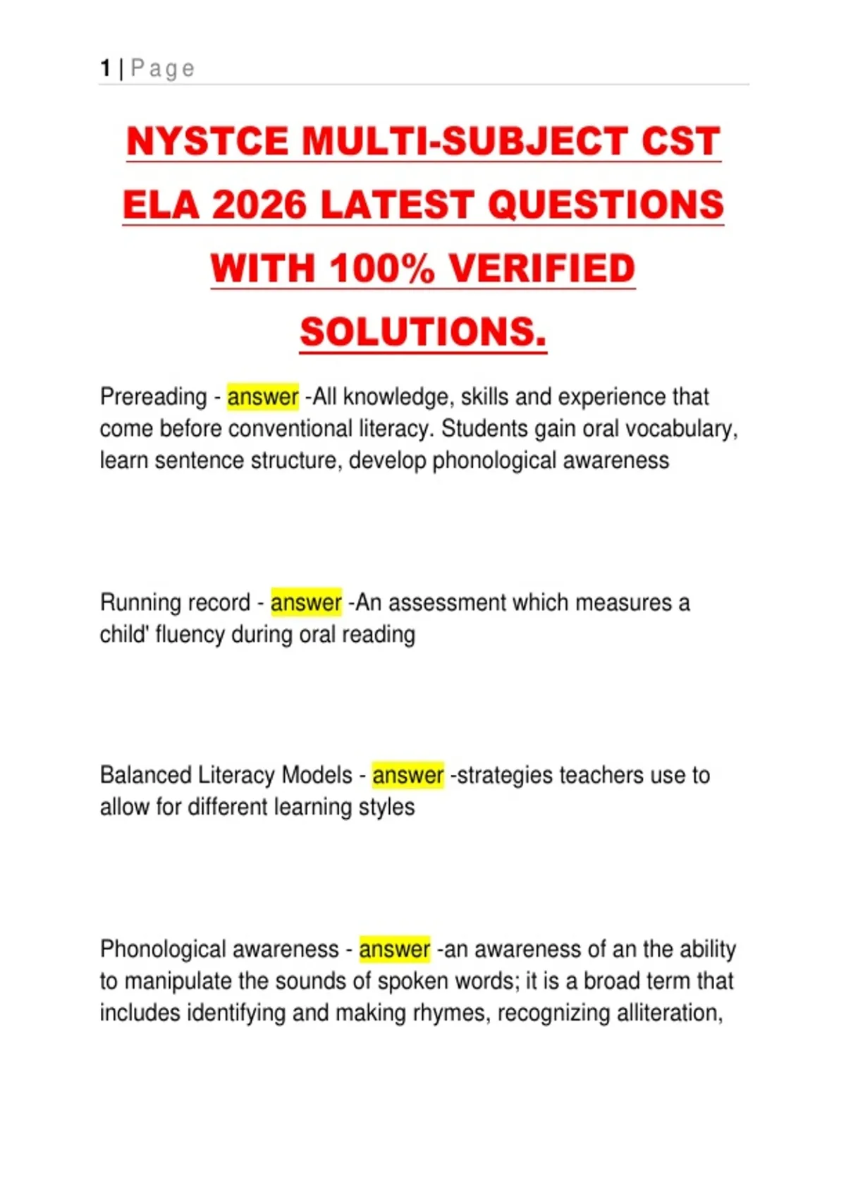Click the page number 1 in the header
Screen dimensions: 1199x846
(105, 68)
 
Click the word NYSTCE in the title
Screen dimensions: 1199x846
(208, 141)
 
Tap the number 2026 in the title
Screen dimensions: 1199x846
(259, 205)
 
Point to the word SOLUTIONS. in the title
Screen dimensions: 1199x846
(423, 332)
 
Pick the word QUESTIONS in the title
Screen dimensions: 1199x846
(605, 205)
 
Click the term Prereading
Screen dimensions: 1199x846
(153, 397)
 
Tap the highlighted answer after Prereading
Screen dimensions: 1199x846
(262, 397)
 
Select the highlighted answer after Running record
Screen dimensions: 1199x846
(306, 603)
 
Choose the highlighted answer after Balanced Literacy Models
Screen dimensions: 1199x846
(407, 775)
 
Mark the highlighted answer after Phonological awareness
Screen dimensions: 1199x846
(394, 949)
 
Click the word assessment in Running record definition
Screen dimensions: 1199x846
(447, 603)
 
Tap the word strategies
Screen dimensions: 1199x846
(505, 775)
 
